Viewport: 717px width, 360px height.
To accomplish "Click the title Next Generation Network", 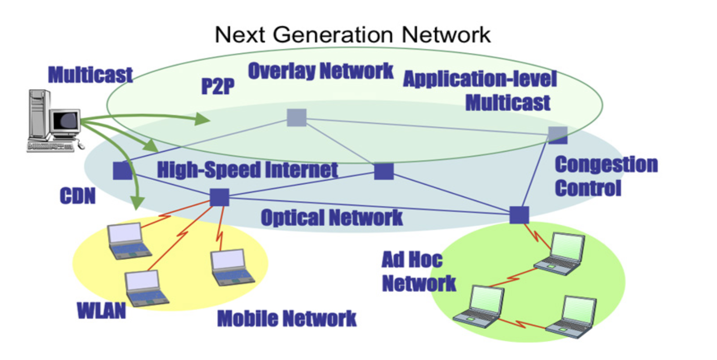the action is (x=353, y=35).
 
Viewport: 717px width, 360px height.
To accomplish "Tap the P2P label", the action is (x=218, y=86).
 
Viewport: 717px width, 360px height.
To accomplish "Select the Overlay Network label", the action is (x=321, y=71).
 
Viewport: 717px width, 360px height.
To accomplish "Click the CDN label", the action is (x=78, y=196).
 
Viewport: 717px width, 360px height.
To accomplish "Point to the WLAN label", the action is (x=101, y=310).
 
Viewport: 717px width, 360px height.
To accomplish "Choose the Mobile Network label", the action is (x=287, y=318).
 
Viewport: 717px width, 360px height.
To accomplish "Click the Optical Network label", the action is (x=332, y=218).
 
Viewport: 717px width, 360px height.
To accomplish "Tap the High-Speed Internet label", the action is (x=248, y=170).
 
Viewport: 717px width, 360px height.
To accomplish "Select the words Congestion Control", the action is (x=606, y=176).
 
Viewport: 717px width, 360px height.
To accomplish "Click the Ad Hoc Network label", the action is (x=419, y=271).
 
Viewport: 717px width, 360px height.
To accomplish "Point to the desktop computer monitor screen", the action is (x=66, y=120).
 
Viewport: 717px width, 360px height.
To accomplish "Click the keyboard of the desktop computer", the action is (x=51, y=147).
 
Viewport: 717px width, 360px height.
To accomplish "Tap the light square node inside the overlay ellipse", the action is (x=297, y=117).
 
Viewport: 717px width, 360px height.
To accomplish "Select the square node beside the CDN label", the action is (x=122, y=170).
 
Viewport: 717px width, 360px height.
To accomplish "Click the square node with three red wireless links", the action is (x=220, y=197).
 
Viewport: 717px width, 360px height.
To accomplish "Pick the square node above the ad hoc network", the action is (x=519, y=215).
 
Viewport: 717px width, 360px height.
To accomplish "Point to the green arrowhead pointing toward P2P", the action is (x=202, y=119).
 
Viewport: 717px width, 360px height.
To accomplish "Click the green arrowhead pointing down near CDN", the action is (x=137, y=203).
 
